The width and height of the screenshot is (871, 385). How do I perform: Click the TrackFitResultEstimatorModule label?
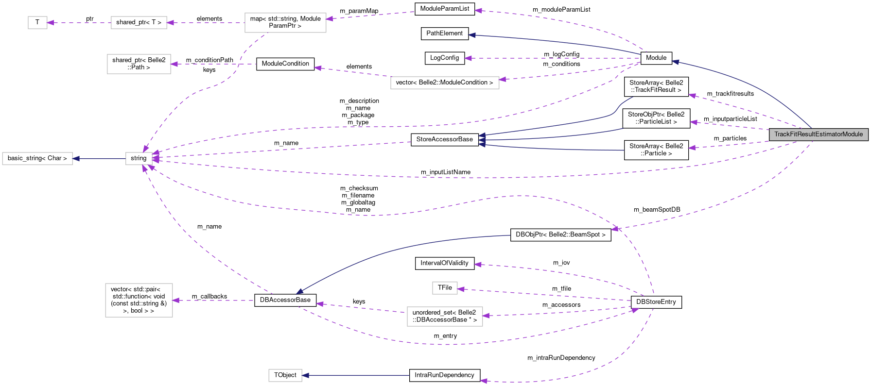coord(819,134)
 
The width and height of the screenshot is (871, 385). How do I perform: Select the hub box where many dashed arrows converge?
coord(139,158)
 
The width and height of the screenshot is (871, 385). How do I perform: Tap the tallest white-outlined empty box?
coord(139,300)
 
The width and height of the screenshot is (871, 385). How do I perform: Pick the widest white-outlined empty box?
coord(445,83)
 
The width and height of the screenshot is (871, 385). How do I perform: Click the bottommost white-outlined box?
coord(285,375)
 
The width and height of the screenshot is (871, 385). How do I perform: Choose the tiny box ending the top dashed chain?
coord(37,22)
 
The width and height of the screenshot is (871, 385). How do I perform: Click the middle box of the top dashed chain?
coord(139,22)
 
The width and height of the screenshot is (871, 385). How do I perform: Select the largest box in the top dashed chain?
coord(285,23)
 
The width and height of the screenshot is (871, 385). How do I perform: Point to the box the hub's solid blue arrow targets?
coord(37,158)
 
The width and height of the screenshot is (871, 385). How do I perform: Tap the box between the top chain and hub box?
coord(139,64)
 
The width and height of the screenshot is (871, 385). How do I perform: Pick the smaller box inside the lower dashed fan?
coord(445,288)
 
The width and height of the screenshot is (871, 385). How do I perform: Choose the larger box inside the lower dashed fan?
coord(445,317)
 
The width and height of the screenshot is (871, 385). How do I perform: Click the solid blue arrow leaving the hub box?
coord(100,159)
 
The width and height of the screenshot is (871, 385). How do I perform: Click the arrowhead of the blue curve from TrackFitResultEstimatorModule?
coord(676,62)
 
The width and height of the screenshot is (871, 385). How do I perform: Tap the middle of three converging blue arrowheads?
coord(482,140)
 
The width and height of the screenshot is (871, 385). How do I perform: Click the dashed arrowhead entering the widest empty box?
coord(503,79)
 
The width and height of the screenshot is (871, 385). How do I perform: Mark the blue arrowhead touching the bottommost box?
coord(305,375)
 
